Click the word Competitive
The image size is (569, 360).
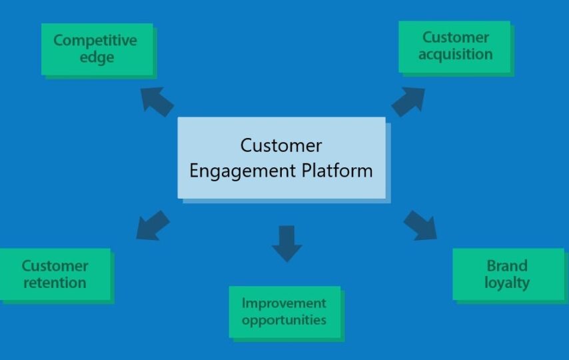coord(95,41)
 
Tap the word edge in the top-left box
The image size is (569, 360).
coord(97,58)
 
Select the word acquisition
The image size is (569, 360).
coord(456,55)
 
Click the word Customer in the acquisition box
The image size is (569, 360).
coord(456,37)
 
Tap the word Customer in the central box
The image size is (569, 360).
coord(281,146)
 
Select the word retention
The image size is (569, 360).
coord(55,283)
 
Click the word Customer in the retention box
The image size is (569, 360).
coord(55,266)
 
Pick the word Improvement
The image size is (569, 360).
coord(284,303)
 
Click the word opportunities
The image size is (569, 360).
coord(284,321)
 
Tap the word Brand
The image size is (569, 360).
coord(507,266)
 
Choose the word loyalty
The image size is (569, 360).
coord(507,283)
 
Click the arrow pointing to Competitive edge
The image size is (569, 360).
coord(157,101)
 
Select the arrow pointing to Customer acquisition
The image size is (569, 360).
coord(408,101)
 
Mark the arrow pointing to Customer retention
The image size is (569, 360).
coord(153,225)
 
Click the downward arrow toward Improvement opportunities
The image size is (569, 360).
coord(286,243)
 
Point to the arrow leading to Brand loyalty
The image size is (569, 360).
coord(420,225)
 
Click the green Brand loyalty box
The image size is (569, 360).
coord(508,274)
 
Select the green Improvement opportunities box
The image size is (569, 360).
coord(285,312)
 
